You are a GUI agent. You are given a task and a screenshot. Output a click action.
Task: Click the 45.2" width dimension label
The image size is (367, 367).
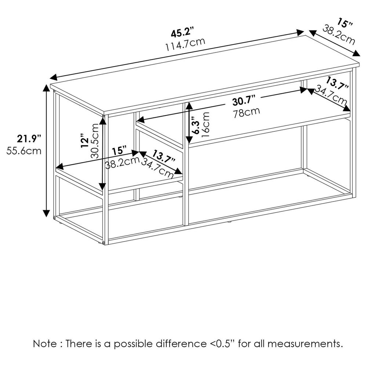(x=182, y=33)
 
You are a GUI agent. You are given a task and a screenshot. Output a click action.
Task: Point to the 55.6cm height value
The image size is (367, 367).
(x=24, y=150)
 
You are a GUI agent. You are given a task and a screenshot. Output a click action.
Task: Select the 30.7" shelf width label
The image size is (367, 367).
(x=244, y=101)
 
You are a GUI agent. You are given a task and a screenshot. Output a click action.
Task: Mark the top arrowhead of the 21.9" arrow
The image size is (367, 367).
(x=47, y=87)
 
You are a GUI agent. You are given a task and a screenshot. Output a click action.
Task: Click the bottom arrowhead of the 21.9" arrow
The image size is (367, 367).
(x=47, y=214)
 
